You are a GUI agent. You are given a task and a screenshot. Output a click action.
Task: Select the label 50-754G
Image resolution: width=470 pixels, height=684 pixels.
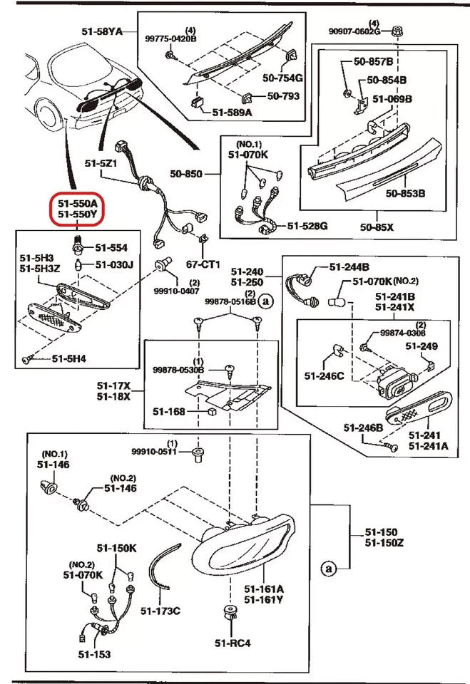(x=282, y=78)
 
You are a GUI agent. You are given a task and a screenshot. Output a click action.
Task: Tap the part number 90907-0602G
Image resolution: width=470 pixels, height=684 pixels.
(x=358, y=31)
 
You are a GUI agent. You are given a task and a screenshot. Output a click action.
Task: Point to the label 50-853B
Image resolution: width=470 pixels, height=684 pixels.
(x=406, y=193)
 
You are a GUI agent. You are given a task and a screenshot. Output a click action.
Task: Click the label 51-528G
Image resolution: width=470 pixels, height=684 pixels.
(x=307, y=226)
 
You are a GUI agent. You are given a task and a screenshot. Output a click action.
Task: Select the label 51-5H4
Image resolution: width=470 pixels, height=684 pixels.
(x=70, y=359)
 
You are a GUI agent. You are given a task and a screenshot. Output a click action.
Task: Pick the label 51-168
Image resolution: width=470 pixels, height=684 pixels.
(x=168, y=411)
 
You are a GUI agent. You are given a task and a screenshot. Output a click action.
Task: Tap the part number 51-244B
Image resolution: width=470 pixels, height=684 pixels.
(x=349, y=267)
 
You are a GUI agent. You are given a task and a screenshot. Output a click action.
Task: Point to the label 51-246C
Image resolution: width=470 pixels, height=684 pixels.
(x=324, y=375)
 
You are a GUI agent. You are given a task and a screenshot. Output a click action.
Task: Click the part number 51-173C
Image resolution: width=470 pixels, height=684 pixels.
(x=160, y=610)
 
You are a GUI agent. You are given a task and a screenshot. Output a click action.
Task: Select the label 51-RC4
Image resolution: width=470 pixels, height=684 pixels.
(x=233, y=643)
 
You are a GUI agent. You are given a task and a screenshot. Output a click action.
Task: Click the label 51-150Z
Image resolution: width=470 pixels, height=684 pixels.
(x=384, y=543)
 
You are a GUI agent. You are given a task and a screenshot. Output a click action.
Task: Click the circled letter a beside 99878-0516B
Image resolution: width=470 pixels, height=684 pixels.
(x=266, y=302)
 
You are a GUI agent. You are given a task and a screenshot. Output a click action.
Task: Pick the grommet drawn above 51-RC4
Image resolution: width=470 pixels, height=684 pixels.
(x=231, y=612)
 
